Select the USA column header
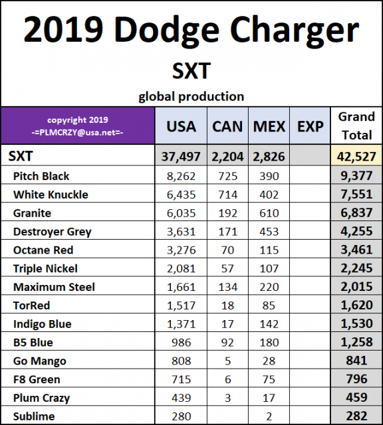click(x=180, y=126)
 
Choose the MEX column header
click(x=269, y=126)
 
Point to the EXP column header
click(x=310, y=126)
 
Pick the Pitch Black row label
click(x=41, y=176)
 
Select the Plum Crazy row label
click(x=41, y=398)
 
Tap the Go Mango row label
click(x=39, y=361)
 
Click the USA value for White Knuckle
click(x=180, y=195)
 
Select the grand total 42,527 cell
click(x=356, y=157)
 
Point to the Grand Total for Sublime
click(x=356, y=416)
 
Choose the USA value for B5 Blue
click(x=182, y=343)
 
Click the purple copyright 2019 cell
click(x=77, y=126)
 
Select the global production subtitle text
click(x=191, y=96)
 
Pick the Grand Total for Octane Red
click(x=356, y=250)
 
